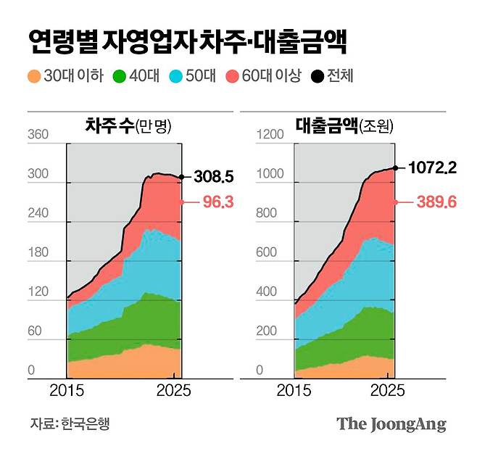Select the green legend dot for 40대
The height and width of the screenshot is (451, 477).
[122, 75]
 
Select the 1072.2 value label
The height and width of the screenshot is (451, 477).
[431, 168]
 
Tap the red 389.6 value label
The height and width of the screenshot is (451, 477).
[436, 202]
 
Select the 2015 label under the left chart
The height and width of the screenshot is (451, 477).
[67, 391]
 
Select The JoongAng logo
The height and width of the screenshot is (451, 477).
[391, 424]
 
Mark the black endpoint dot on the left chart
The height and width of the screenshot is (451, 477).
[181, 176]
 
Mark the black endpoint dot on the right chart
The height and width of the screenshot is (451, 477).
[395, 167]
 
